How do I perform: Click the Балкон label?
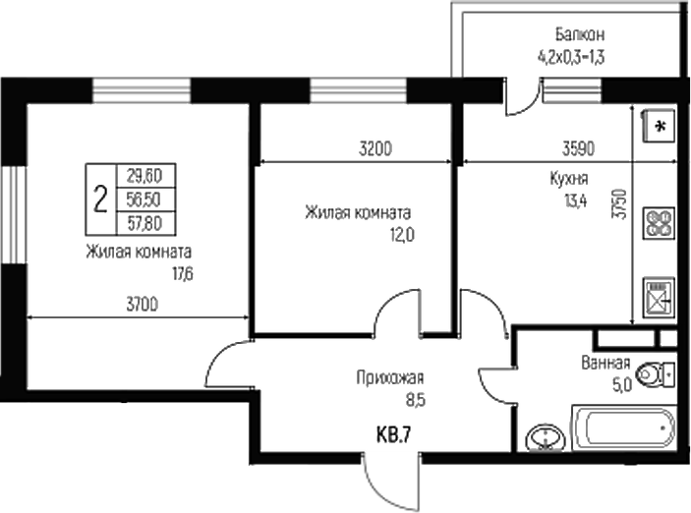[x=570, y=36]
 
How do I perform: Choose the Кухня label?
[x=569, y=180]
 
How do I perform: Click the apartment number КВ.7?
[x=392, y=433]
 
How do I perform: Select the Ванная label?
[x=605, y=363]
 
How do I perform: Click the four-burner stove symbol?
[x=657, y=225]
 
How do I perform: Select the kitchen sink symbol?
[x=656, y=295]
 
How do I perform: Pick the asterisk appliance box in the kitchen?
[x=658, y=126]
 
